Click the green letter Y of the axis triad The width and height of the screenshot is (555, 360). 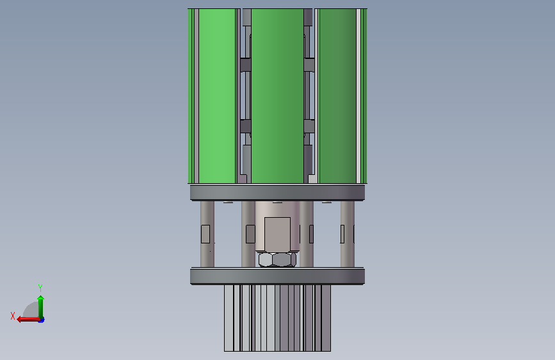(40, 288)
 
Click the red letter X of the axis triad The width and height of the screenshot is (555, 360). (13, 316)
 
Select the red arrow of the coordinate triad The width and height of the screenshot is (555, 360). (28, 320)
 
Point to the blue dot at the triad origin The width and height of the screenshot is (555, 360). (42, 320)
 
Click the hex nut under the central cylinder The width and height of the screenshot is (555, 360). (277, 259)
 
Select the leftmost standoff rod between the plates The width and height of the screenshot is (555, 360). (207, 234)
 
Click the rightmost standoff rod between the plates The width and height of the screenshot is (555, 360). (347, 234)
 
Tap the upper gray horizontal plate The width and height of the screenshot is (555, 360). (278, 192)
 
